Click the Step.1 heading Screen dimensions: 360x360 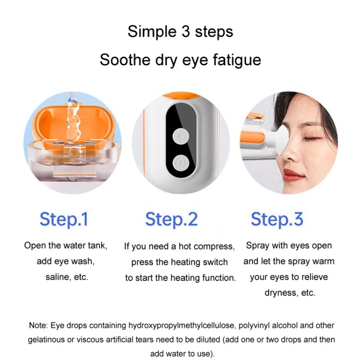pos(64,219)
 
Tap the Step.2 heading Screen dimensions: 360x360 pos(171,219)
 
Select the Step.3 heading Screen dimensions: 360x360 pos(277,219)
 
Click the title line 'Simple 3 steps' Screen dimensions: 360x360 pos(180,32)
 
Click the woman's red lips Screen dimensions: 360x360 pos(293,174)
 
